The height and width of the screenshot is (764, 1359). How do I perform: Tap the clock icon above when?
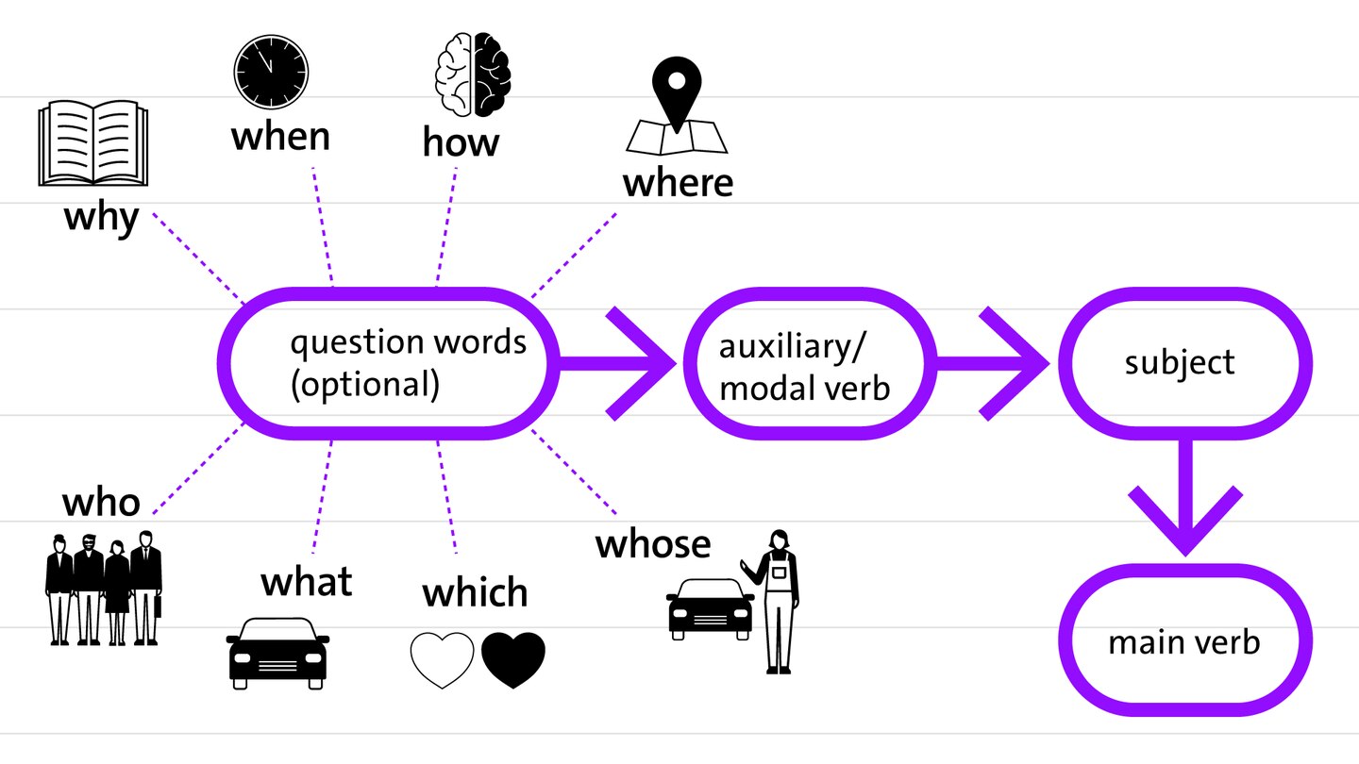271,72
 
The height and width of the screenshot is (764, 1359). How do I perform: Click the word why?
101,219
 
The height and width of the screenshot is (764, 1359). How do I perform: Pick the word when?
280,137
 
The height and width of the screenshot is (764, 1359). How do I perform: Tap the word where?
677,182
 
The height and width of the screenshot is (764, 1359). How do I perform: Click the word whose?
652,544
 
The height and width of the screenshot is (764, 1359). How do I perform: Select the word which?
475,592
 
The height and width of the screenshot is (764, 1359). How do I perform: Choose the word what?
306,581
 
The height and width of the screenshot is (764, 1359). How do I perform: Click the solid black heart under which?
513,658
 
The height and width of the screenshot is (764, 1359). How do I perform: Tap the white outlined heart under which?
442,658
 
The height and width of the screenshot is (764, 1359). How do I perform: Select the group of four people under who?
104,590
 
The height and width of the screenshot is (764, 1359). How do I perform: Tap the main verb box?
1184,644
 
